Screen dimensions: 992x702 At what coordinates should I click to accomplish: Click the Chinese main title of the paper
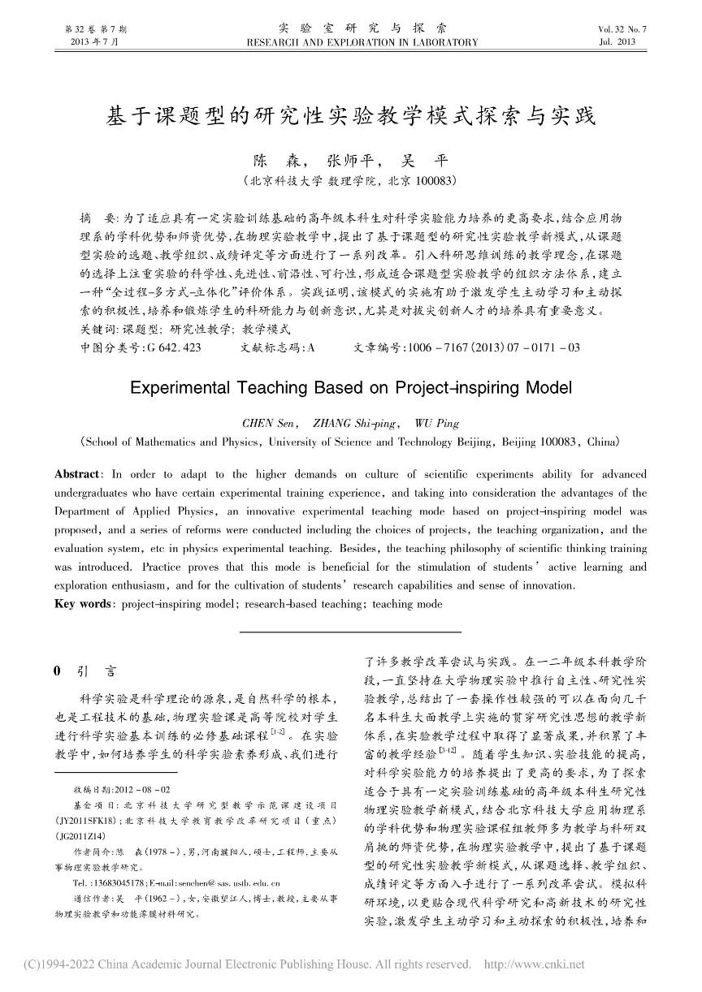[351, 117]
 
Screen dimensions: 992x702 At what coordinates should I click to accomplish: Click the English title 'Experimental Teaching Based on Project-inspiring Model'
[351, 387]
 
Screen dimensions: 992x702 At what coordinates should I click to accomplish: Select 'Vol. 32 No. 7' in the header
[622, 29]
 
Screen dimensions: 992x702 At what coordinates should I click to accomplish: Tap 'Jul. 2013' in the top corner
[616, 41]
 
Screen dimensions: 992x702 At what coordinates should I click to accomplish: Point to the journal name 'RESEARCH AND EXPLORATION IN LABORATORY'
[362, 42]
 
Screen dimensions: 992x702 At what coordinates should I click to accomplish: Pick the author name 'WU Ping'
[436, 423]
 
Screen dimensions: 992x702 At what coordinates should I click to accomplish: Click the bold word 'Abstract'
[78, 473]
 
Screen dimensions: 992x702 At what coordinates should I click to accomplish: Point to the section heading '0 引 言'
[84, 671]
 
